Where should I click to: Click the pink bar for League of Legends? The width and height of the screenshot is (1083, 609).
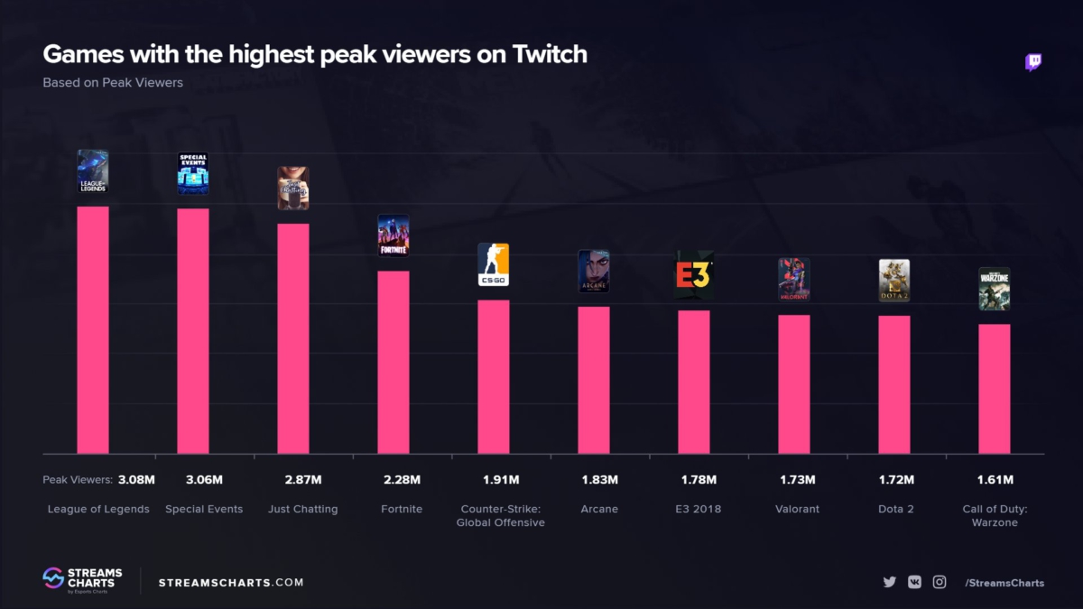point(93,329)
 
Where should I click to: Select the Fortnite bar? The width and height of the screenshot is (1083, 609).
point(393,361)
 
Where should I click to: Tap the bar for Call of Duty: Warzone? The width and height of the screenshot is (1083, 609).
point(995,388)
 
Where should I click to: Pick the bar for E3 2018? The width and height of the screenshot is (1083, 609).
point(694,381)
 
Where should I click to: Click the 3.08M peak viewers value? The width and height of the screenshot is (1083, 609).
point(137,479)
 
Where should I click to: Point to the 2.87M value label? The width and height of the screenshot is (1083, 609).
point(303,479)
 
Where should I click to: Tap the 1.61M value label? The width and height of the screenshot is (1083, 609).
point(995,479)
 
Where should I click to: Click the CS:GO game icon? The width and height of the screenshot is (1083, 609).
point(494,265)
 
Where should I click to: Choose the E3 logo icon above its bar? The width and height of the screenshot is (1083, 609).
point(694,275)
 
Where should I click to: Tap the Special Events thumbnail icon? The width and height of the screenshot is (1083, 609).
point(193,173)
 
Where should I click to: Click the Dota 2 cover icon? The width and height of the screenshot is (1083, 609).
point(894,281)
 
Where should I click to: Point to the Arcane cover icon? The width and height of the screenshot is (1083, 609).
point(594,272)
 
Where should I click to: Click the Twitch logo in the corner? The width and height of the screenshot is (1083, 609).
point(1033,62)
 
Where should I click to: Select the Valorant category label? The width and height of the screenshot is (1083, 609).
point(798,509)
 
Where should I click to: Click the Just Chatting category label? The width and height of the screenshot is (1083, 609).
point(303,509)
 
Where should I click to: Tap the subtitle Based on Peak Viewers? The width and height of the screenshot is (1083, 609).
point(113,82)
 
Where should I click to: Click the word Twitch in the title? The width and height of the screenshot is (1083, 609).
point(551,54)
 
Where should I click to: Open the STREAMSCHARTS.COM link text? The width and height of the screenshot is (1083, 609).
point(231,582)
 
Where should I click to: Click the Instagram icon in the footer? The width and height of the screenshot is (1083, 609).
point(940,582)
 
